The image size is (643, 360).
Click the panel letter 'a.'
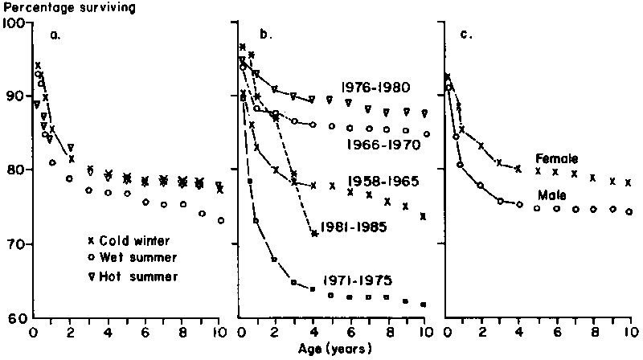point(55,35)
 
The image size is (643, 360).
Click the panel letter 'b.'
point(264,35)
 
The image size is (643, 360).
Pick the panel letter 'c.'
point(465,35)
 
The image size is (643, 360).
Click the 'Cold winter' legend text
point(134,241)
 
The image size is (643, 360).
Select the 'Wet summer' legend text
point(134,259)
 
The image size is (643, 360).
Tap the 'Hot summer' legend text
point(134,276)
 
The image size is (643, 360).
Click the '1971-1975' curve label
point(358,280)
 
